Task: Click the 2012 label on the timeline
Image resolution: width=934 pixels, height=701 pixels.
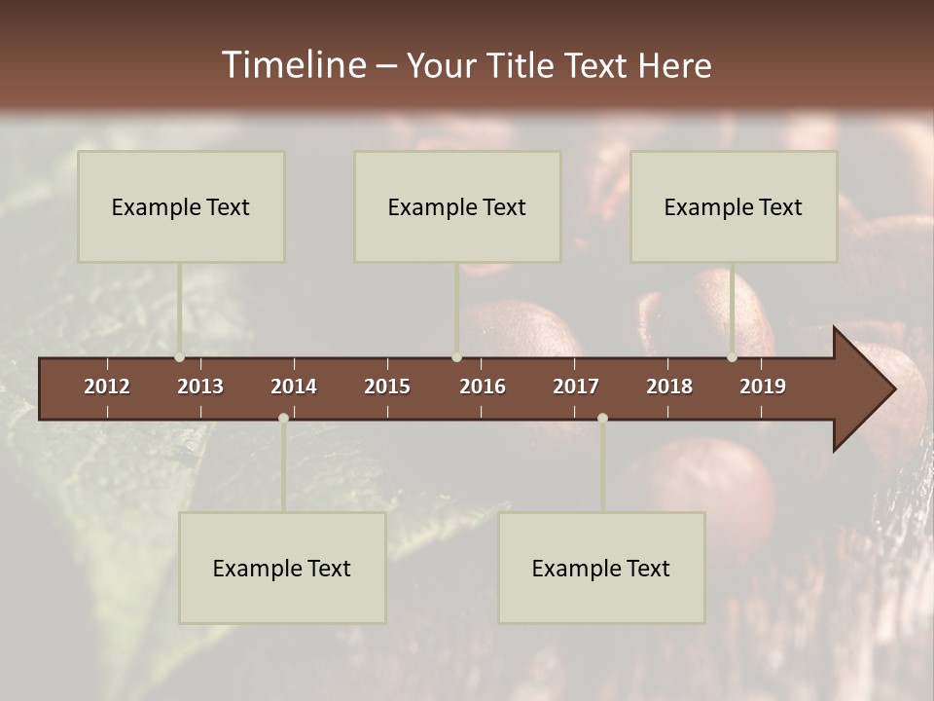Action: coord(107,387)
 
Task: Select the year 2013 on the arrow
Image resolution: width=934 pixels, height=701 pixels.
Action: coord(200,387)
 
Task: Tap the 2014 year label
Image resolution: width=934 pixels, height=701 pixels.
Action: coord(294,387)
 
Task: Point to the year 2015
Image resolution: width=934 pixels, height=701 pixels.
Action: coord(387,387)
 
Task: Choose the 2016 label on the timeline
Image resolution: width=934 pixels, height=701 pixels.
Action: coord(483,387)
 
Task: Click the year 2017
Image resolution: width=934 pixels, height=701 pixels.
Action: coord(576,387)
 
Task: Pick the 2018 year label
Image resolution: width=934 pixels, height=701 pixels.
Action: coord(669,387)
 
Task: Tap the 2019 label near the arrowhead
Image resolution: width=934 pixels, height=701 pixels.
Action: coord(763,387)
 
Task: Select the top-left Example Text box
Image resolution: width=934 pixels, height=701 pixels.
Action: coord(181,206)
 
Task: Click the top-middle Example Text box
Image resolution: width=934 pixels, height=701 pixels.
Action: coord(457,206)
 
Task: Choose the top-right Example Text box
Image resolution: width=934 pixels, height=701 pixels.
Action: coord(734,206)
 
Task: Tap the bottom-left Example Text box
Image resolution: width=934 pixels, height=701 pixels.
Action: coord(282,568)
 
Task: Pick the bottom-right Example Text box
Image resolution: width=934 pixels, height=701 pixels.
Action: coord(601,568)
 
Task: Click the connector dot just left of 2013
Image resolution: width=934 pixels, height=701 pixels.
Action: coord(179,357)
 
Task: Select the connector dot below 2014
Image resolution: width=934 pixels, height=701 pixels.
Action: coord(283,418)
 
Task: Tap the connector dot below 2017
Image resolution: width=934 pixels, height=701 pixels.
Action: coord(602,418)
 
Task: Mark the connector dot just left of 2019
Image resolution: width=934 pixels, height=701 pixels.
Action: coord(732,357)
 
